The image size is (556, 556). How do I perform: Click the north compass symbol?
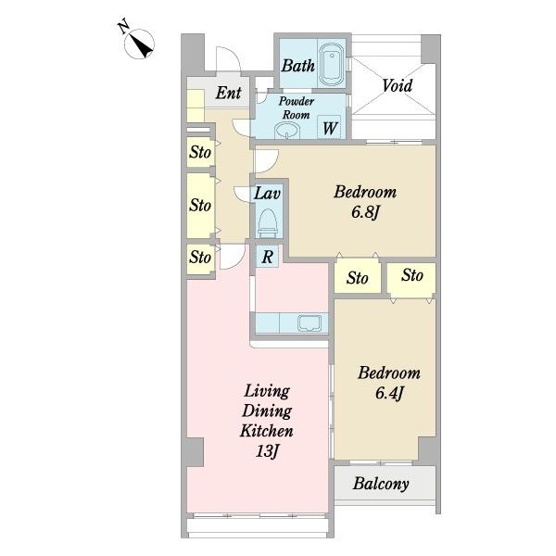[x=137, y=42]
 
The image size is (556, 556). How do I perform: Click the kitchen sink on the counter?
[x=310, y=323]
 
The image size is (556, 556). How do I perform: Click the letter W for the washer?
[x=330, y=128]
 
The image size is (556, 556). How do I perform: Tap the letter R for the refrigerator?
[x=268, y=257]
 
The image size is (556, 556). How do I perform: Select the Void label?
[x=398, y=85]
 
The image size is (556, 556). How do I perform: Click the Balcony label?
[x=381, y=484]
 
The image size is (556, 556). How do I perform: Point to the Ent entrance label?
[x=229, y=93]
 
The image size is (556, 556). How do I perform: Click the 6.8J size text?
[x=366, y=213]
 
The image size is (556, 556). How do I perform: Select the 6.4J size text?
[x=389, y=393]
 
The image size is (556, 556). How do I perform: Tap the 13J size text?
[x=268, y=451]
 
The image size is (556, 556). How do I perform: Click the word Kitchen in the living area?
[x=267, y=431]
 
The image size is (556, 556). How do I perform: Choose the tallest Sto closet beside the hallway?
[x=201, y=206]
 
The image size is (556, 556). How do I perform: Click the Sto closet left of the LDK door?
[x=201, y=259]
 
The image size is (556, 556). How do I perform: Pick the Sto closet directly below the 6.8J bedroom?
[x=357, y=277]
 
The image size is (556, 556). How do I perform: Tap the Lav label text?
[x=268, y=194]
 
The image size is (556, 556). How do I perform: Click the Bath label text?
[x=298, y=66]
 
